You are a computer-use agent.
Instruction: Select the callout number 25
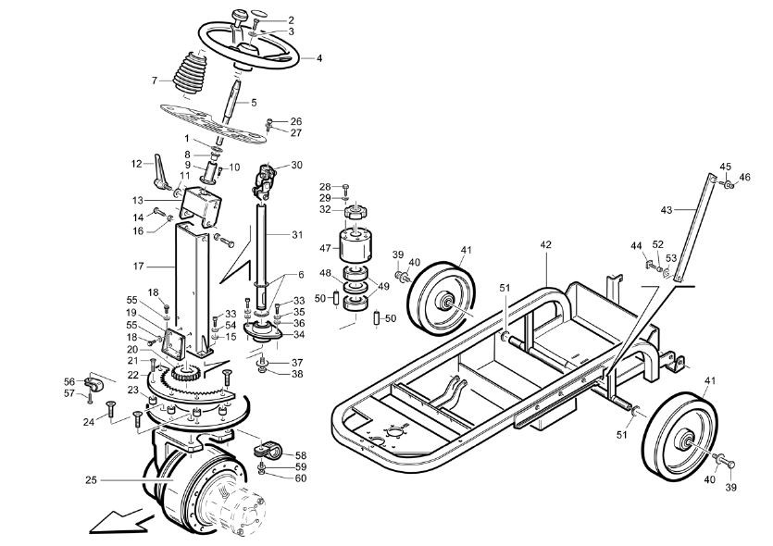pos(92,479)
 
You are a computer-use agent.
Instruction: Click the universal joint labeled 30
pos(264,180)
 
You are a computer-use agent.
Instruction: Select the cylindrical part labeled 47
pos(355,245)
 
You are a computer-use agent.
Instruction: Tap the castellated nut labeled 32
pos(355,214)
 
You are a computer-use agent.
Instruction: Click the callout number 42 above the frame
pos(546,245)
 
